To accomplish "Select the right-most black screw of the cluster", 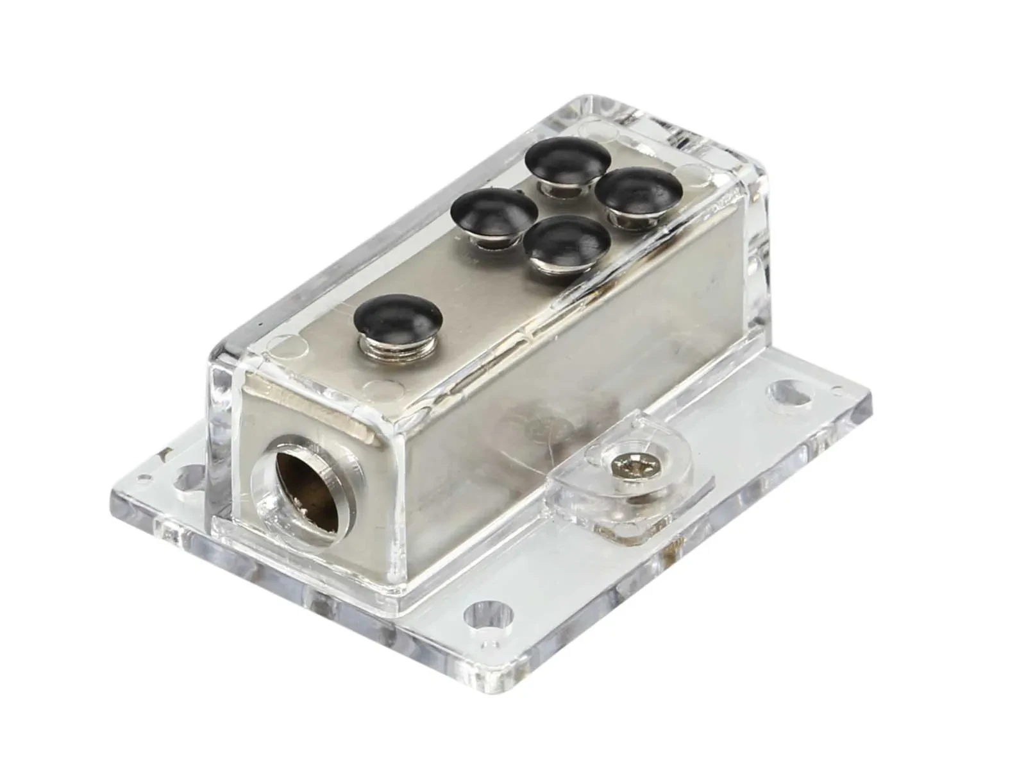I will pyautogui.click(x=638, y=191).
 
